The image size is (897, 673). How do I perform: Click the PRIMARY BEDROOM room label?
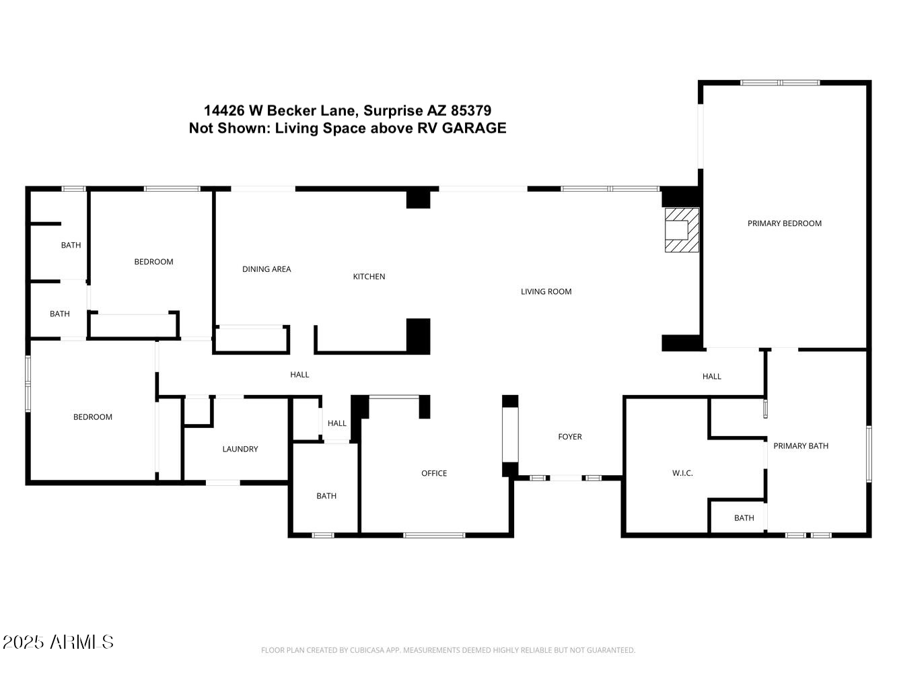coord(784,223)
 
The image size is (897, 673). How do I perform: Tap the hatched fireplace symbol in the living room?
coord(682,230)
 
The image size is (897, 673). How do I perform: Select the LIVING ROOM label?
coord(546,291)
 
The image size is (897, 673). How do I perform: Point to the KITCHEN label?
coord(369,277)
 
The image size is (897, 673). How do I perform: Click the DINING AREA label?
coord(266,269)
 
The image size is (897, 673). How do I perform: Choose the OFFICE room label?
coord(434,473)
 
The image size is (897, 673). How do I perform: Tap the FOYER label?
coord(569,437)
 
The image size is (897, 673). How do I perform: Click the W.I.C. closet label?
coord(682,473)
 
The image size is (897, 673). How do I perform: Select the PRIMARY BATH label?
coord(800,446)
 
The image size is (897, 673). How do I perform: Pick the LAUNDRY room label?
coord(240,449)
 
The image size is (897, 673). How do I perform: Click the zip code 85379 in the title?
coord(471,110)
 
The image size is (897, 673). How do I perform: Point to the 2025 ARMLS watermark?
coord(58,642)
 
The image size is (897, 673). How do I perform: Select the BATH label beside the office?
coord(326,496)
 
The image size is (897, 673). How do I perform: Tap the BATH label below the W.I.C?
coord(744,518)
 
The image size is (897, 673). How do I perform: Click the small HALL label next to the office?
coord(336,423)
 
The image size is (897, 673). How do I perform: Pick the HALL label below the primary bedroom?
coord(711,376)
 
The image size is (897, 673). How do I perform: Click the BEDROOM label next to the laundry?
coord(93,417)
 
